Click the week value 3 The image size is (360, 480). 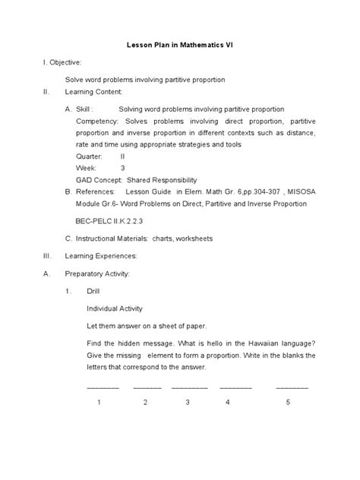[x=122, y=167]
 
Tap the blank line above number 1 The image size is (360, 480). [x=103, y=387]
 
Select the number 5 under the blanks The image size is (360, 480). [x=289, y=403]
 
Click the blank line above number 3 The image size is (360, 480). [x=189, y=387]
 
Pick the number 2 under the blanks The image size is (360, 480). [x=145, y=403]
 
